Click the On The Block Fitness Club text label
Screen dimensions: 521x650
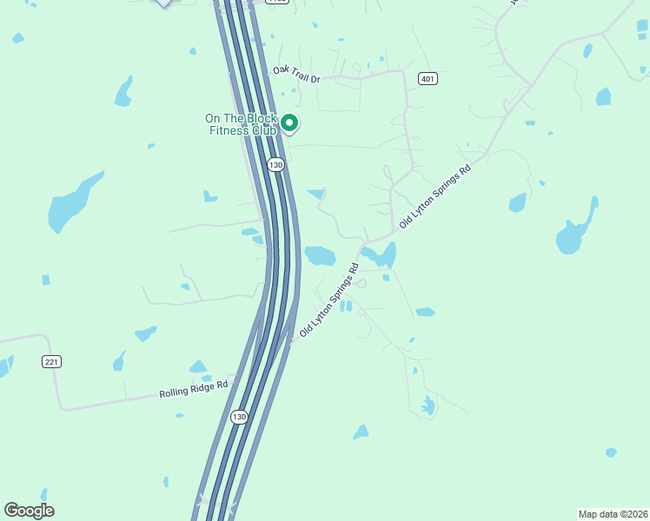tap(241, 124)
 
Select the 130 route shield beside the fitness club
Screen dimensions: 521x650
tap(275, 164)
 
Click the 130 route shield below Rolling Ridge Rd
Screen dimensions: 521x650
tap(240, 417)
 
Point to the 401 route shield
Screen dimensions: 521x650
tap(427, 78)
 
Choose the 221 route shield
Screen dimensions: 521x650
tap(51, 361)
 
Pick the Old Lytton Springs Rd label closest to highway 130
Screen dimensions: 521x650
tap(329, 300)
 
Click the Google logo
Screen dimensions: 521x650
tap(29, 511)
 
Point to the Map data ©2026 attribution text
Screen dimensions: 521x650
tap(613, 514)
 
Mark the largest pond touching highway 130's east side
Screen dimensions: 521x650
tap(319, 255)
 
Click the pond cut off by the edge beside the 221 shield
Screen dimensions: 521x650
tap(4, 366)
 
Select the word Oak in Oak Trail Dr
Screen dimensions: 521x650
tap(279, 69)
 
